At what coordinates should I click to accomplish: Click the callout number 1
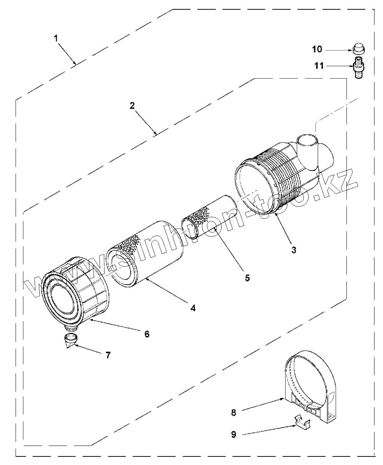coord(56,38)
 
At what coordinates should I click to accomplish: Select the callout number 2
coord(132,105)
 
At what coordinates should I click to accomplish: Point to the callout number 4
coord(193,308)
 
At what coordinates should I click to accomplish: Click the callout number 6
coord(147,334)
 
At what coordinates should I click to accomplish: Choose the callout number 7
coord(108,354)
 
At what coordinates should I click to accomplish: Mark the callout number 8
coord(233,412)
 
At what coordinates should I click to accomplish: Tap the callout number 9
coord(233,435)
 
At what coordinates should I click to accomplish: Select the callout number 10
coord(317,49)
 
